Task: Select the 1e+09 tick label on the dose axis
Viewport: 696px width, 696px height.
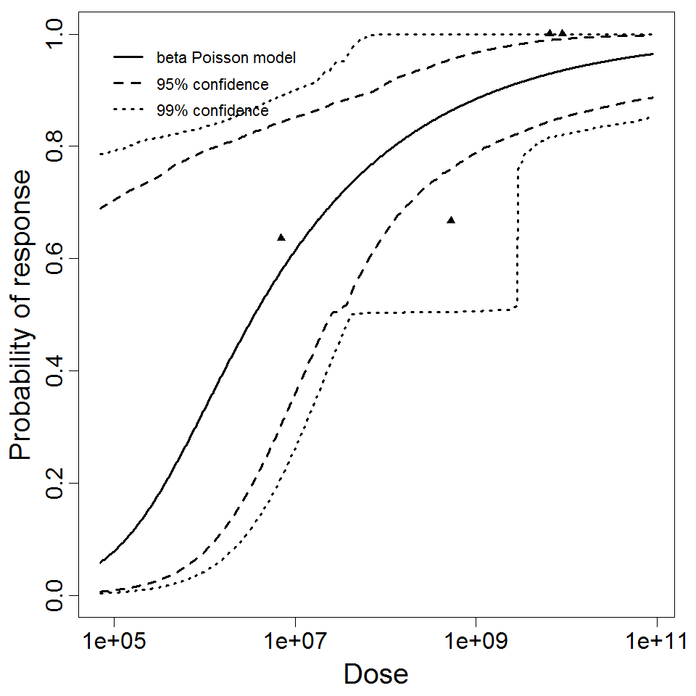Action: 476,642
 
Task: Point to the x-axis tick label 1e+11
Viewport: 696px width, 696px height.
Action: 656,642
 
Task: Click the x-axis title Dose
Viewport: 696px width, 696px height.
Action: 376,674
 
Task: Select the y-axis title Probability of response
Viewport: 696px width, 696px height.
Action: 22,315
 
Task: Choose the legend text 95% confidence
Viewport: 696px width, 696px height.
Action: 212,84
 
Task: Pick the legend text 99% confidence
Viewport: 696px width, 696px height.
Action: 212,111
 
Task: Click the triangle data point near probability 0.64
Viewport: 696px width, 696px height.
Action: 281,237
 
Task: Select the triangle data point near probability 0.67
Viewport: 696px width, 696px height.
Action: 451,220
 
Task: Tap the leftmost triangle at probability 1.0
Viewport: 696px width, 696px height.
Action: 550,33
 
